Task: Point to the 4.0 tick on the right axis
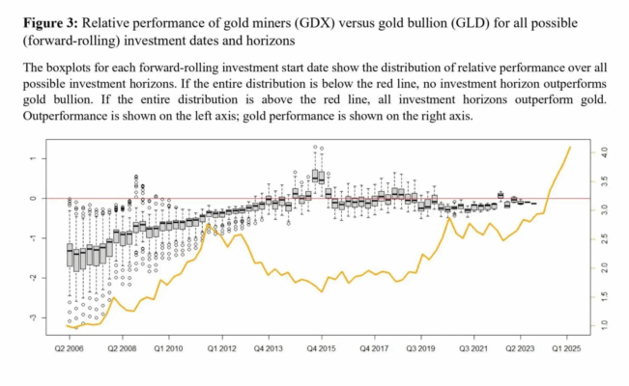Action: pos(604,152)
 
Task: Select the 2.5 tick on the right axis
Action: pos(604,238)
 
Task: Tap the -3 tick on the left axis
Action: pos(33,317)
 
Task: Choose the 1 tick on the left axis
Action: pos(33,158)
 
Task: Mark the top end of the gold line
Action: pos(570,148)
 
